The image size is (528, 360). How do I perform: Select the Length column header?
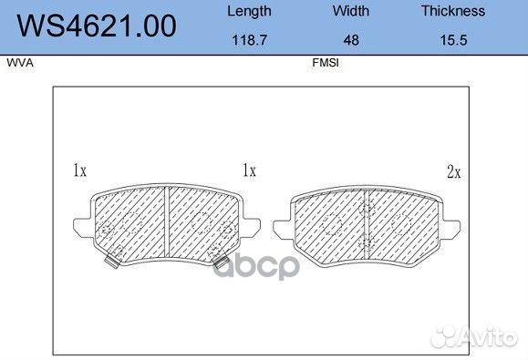[248, 12]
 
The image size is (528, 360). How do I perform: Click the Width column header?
[350, 12]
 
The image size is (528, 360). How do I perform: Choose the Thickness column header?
[453, 12]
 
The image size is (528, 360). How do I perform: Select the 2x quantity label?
[453, 170]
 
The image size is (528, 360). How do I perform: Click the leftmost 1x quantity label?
[78, 170]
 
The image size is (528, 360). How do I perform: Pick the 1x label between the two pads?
[248, 170]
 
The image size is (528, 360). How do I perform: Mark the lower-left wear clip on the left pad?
[112, 262]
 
